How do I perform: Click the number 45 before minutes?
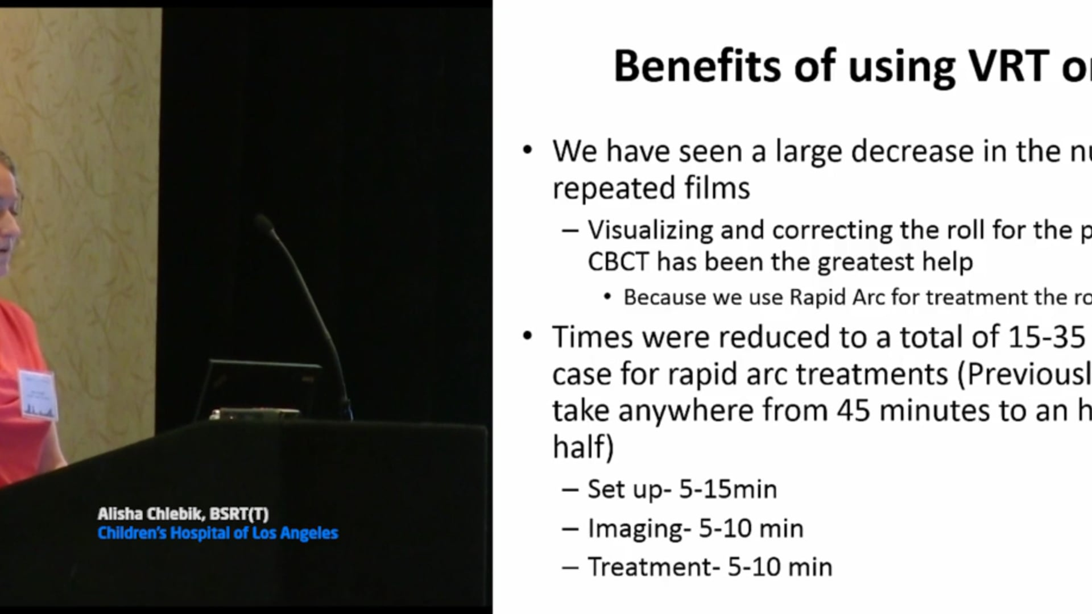(x=853, y=410)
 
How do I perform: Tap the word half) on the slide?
(x=583, y=447)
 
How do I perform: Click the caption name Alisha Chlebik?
(x=151, y=514)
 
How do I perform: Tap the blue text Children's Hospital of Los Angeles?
(x=218, y=533)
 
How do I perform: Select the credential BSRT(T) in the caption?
(x=239, y=514)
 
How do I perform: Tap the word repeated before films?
(x=613, y=188)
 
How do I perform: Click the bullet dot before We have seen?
(x=528, y=151)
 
